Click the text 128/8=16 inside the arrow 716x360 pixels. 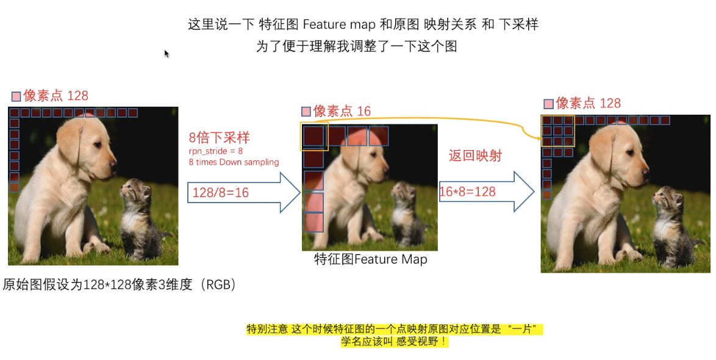[x=220, y=193]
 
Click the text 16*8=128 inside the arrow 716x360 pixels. [x=467, y=192]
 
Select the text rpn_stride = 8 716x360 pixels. [x=216, y=151]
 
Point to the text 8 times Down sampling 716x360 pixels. [x=234, y=162]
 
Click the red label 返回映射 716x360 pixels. [x=475, y=156]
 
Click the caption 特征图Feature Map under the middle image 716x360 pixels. [x=370, y=259]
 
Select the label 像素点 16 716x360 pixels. [x=342, y=111]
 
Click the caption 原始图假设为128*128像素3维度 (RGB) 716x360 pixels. [x=119, y=284]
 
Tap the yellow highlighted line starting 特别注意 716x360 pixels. [x=394, y=329]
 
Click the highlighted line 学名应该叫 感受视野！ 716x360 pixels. [x=394, y=342]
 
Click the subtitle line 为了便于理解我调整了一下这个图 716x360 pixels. [x=357, y=46]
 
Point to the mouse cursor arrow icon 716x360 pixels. [x=166, y=54]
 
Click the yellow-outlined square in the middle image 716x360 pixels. [x=315, y=135]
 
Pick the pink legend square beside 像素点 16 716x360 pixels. [x=306, y=112]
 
